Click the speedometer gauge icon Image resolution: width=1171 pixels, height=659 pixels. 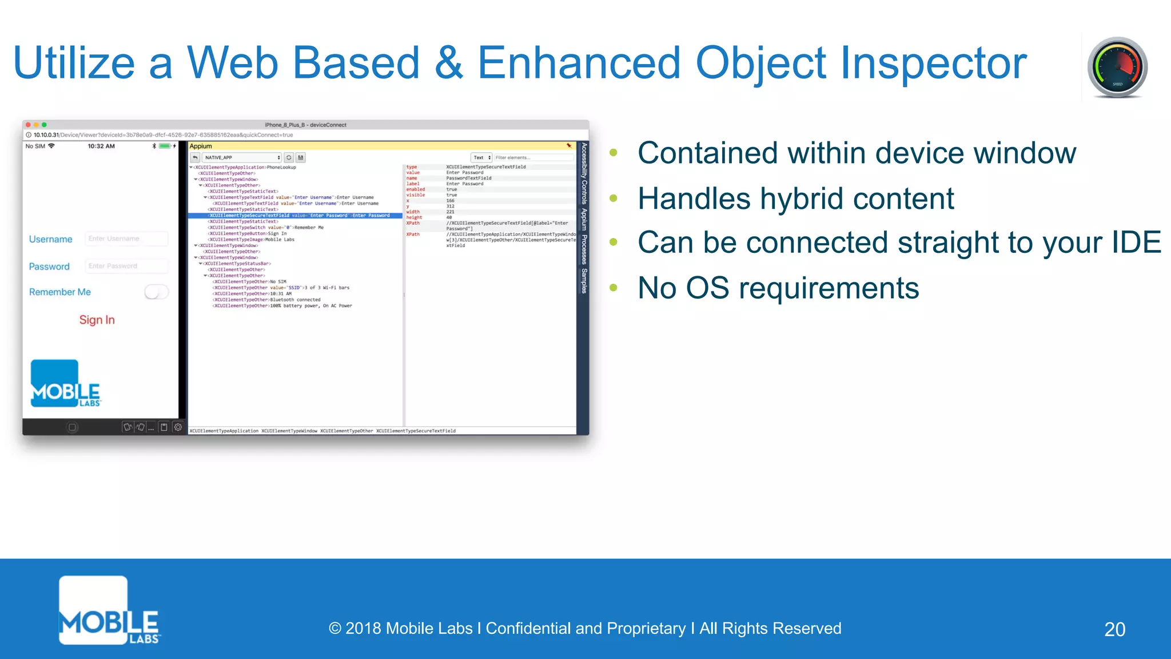(x=1117, y=68)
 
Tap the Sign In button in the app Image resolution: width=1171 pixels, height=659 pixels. (x=97, y=320)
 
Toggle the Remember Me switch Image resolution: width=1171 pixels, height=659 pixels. (x=156, y=292)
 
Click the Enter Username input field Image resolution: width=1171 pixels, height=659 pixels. (x=126, y=239)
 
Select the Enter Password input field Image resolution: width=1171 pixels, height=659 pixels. (x=126, y=266)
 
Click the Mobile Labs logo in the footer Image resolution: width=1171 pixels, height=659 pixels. (x=109, y=610)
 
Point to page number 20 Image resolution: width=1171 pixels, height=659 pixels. (x=1114, y=629)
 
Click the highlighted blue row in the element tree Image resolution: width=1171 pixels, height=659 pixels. (x=294, y=216)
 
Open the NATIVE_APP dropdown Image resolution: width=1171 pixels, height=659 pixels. (x=242, y=157)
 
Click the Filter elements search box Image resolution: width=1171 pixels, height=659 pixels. (x=532, y=157)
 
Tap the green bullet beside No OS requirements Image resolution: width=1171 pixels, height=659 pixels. (x=614, y=288)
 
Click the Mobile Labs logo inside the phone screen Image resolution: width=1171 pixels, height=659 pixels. (x=65, y=384)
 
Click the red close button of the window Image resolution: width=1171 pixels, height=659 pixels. (x=28, y=125)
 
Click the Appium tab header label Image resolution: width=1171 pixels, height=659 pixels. (x=201, y=146)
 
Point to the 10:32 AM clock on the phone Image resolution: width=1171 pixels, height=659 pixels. (x=101, y=146)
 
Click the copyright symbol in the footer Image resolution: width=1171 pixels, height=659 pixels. (x=335, y=629)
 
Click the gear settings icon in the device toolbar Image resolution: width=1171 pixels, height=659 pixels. (x=178, y=427)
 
